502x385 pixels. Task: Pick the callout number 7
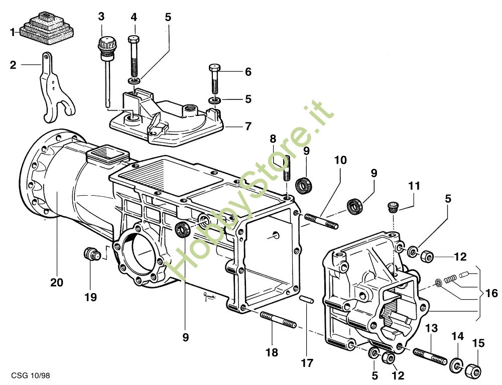click(x=247, y=126)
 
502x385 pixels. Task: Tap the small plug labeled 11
click(x=393, y=206)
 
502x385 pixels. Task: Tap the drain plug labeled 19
click(x=90, y=253)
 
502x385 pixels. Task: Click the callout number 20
click(x=57, y=283)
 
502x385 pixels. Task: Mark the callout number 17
click(x=307, y=362)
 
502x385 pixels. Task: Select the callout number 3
click(x=101, y=16)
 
